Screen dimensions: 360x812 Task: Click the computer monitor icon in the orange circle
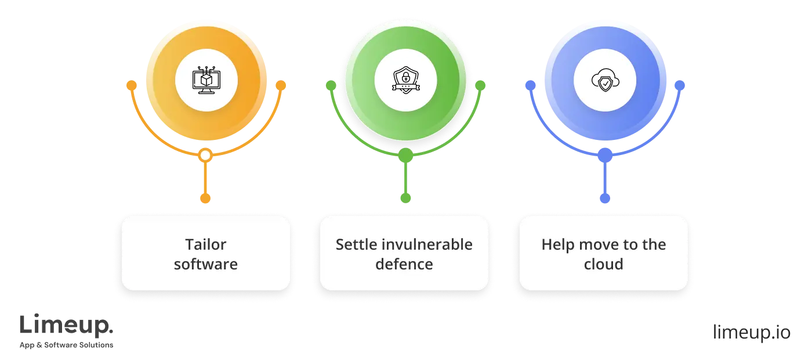point(206,81)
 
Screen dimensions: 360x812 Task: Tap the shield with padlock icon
point(405,81)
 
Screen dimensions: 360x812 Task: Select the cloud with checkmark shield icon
point(604,81)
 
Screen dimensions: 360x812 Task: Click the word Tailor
point(206,244)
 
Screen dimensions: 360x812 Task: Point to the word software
point(206,264)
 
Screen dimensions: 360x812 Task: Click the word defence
point(404,264)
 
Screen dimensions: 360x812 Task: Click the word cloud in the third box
point(604,264)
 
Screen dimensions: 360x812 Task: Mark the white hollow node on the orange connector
point(205,156)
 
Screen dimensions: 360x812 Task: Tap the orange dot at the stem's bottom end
point(205,198)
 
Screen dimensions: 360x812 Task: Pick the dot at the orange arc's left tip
point(132,86)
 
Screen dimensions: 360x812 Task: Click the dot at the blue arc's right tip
point(680,86)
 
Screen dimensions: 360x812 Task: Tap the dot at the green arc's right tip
point(480,86)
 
